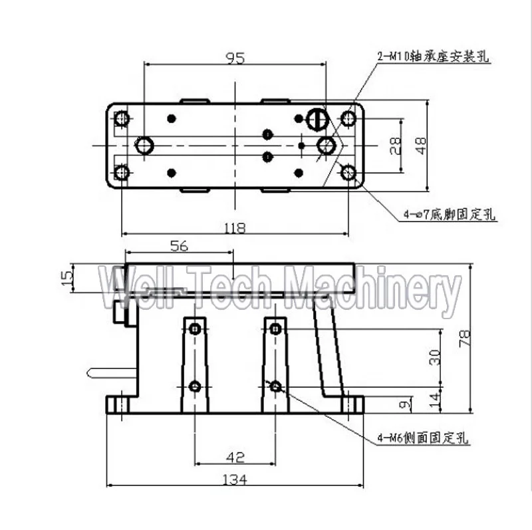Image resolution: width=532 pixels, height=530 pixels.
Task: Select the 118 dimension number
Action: (x=235, y=228)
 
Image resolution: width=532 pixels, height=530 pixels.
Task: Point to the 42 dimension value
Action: (x=235, y=457)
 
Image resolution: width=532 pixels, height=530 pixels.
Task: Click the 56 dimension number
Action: (x=179, y=245)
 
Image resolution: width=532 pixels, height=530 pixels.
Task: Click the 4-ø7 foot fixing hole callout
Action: (x=450, y=214)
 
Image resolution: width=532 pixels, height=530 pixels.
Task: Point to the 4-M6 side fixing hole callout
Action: (x=423, y=438)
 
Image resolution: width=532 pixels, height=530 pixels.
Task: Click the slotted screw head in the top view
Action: (x=318, y=119)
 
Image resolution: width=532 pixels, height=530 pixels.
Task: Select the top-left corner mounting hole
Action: (x=122, y=119)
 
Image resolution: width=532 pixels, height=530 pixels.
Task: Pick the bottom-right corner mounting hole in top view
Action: (x=348, y=173)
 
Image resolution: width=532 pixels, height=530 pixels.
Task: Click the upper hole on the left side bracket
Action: (x=194, y=329)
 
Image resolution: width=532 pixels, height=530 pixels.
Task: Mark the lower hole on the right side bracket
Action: (x=275, y=386)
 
